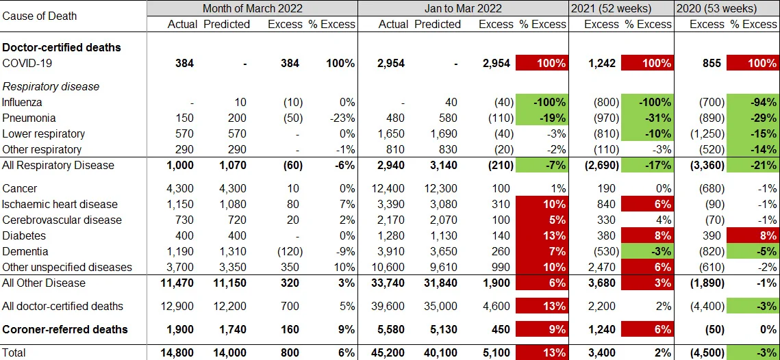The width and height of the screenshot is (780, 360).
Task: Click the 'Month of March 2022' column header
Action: coord(252,9)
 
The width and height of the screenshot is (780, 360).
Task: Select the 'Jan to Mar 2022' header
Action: coord(463,9)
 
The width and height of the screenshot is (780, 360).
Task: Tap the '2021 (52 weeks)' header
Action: coord(621,9)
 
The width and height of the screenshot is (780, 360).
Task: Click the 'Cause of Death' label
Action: coord(40,16)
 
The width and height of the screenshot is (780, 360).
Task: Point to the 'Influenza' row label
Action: coord(23,103)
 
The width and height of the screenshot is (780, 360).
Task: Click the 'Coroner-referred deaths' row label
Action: coord(65,329)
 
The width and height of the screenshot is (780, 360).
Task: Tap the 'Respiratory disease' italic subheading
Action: coord(51,87)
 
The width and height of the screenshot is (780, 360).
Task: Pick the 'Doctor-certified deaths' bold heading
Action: coord(62,48)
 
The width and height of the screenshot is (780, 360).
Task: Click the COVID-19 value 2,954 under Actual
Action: coord(391,64)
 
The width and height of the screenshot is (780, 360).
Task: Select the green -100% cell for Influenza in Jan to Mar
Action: coord(542,103)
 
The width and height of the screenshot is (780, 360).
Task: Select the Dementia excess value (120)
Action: coord(287,251)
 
